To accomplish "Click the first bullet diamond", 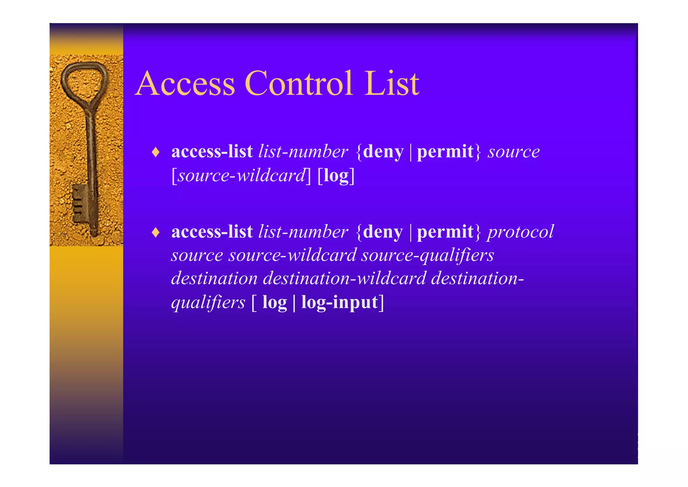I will pos(155,152).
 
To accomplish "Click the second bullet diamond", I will pos(155,232).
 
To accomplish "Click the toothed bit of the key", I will pos(80,203).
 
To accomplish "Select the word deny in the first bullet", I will pos(383,152).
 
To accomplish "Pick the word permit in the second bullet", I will pos(445,232).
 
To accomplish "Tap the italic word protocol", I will pos(520,232).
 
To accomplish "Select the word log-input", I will pos(339,302).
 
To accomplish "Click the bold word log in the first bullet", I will pos(336,176).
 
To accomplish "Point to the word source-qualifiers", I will pos(428,255).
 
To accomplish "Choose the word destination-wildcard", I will pos(344,278).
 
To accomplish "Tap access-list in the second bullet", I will pos(212,232).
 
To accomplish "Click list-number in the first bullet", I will pos(303,152).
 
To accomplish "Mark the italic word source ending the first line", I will pos(514,152).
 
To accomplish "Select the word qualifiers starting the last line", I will pos(208,302).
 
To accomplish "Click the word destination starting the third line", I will pos(214,278).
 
